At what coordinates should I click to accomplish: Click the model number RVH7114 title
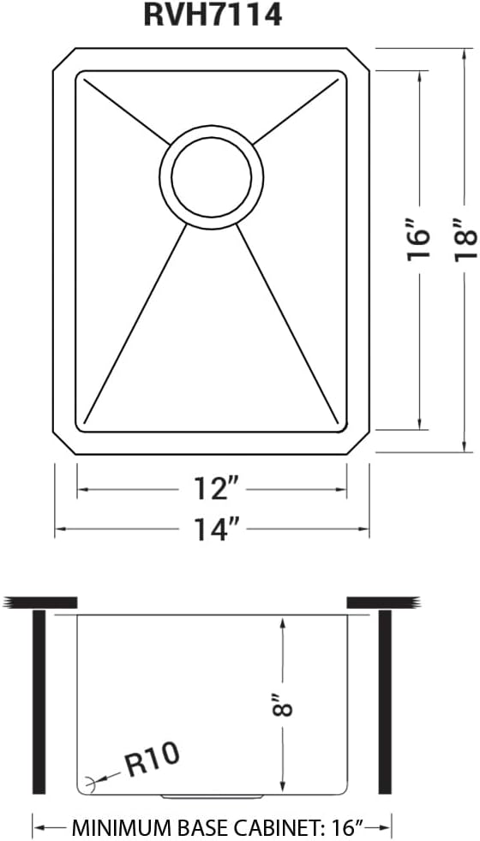pos(213,15)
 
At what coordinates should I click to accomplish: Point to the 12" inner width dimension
pos(212,490)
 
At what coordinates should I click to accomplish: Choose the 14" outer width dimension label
pos(212,530)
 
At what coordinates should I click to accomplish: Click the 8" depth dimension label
pos(283,703)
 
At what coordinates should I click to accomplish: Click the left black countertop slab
pos(39,601)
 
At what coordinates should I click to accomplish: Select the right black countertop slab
pos(382,601)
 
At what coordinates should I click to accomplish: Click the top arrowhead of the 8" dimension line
pos(282,623)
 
